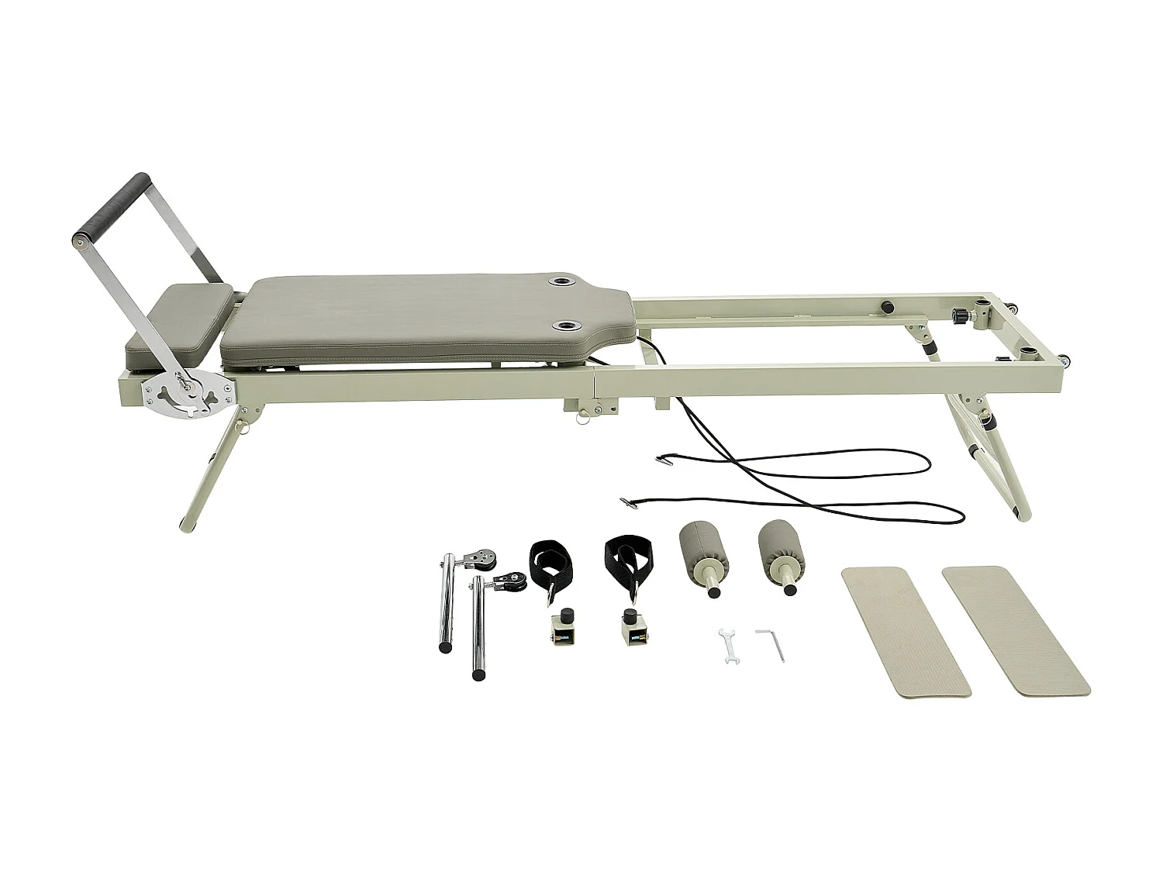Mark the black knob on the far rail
tap(885, 308)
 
